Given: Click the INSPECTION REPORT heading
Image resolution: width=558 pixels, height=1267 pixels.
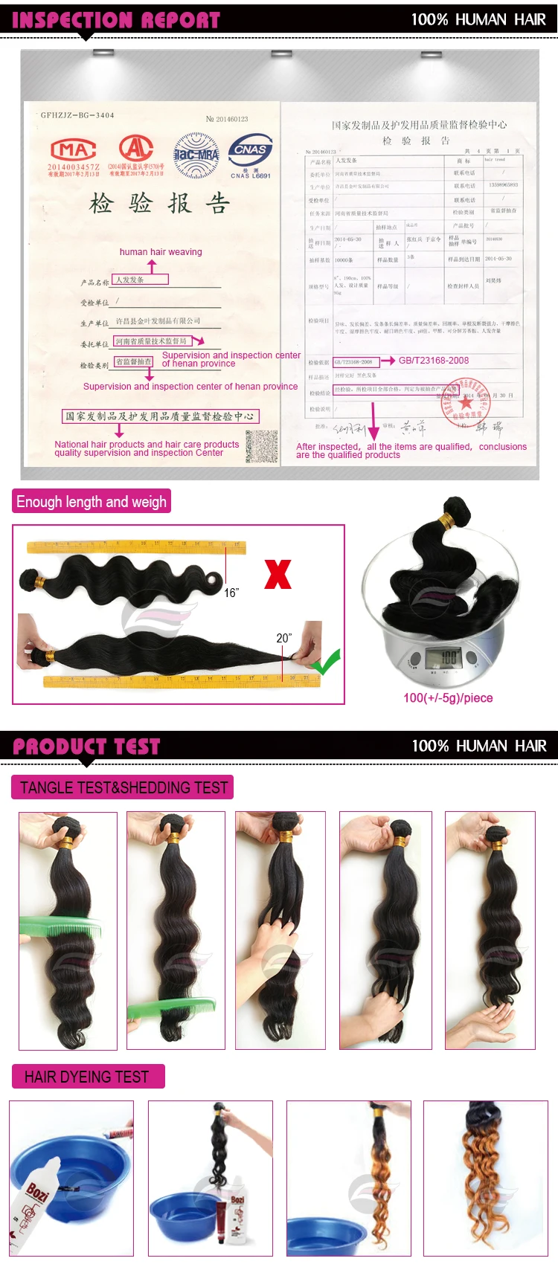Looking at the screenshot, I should point(116,20).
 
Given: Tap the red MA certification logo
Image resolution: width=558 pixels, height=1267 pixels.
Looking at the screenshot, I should point(73,149).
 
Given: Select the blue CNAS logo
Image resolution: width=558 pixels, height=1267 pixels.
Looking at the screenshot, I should point(251,151).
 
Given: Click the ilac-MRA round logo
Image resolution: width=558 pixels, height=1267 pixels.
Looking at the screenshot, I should point(196,155).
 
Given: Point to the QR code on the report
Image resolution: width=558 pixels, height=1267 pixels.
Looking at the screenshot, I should point(261,446).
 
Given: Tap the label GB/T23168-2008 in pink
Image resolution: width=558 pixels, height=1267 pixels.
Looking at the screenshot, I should point(434,361).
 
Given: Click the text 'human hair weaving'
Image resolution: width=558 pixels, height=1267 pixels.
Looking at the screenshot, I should point(161,252).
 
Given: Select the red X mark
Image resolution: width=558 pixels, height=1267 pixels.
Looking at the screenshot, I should point(278,574).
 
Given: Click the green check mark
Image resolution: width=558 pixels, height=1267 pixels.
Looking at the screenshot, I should point(327,661).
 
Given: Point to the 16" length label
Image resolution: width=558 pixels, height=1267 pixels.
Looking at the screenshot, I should point(231,593).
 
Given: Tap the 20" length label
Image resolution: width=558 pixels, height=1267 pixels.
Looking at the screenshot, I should point(283,638).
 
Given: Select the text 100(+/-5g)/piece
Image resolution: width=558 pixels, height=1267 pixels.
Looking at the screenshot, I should point(448,698).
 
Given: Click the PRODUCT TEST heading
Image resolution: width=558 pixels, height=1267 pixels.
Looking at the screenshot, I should point(86,747).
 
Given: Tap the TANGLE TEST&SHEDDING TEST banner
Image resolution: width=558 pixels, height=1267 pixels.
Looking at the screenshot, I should point(123,787).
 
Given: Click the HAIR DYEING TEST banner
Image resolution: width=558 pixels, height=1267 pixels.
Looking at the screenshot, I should point(87,1077).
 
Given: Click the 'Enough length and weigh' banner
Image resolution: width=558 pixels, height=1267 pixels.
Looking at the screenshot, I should point(92,502).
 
